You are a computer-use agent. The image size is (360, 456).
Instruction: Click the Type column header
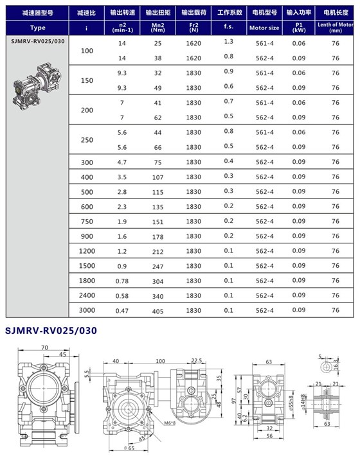coord(37,28)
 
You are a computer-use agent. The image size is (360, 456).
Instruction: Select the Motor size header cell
coord(264,28)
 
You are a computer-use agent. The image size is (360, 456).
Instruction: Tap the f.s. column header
coord(228,28)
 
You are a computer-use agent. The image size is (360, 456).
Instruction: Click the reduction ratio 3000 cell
coord(86,310)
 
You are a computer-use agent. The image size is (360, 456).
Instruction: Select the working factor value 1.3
coord(228,41)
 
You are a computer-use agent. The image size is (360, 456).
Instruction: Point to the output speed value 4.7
coord(122,162)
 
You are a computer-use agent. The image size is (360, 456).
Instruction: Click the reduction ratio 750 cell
coord(86,220)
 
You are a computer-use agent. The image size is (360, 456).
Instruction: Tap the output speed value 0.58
coord(122,295)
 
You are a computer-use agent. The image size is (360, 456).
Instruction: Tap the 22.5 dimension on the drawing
coord(197,360)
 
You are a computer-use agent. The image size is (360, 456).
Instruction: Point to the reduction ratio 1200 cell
coord(86,250)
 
